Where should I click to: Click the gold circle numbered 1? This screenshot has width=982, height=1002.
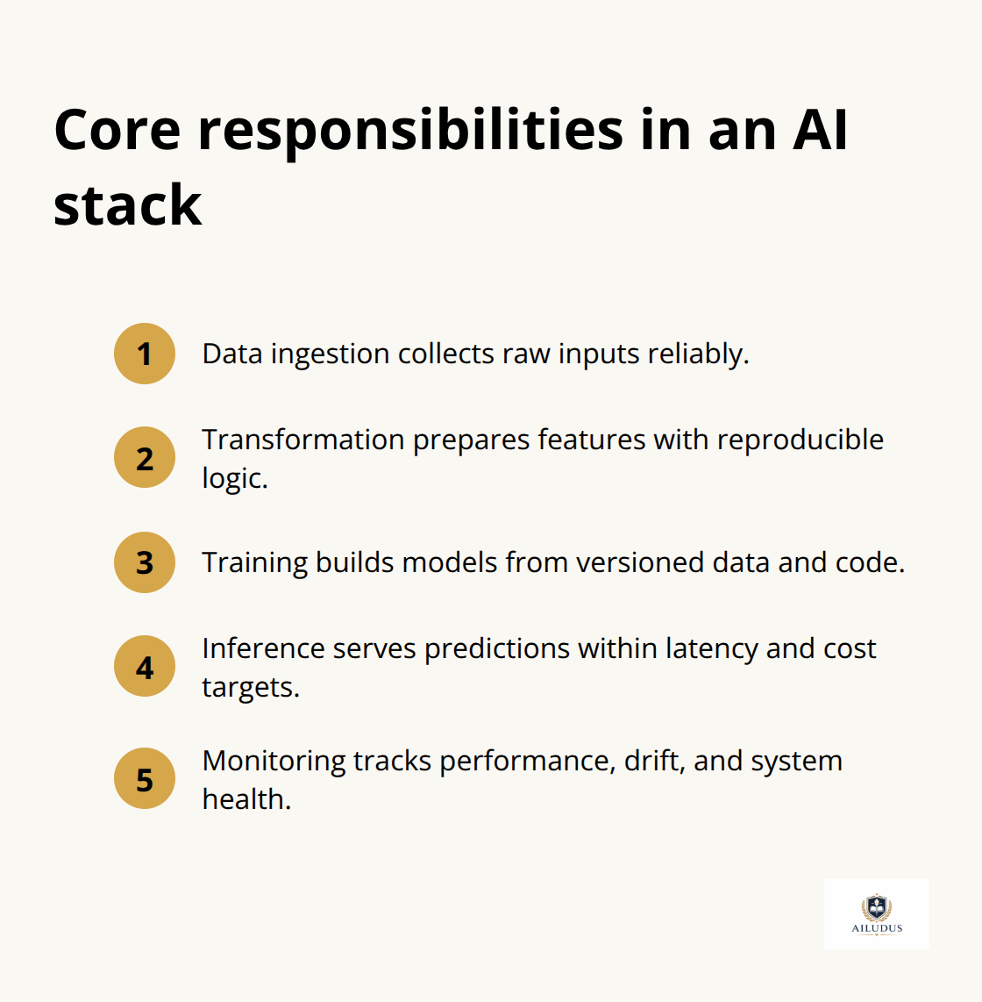(x=145, y=354)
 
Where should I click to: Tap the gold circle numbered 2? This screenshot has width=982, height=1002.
(x=145, y=458)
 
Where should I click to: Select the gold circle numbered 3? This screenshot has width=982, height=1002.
(x=145, y=562)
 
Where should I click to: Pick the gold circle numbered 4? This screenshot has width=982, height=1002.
(x=145, y=667)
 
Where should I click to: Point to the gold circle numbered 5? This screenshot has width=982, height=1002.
(x=145, y=779)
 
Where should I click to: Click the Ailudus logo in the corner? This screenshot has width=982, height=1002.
(x=876, y=913)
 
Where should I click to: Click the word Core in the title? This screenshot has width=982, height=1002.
(x=117, y=130)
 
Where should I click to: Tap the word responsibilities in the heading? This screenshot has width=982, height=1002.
(x=410, y=130)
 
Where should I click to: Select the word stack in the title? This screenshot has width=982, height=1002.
(x=127, y=205)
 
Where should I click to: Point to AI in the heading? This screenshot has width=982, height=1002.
(x=821, y=130)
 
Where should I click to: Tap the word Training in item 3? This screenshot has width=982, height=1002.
(x=254, y=562)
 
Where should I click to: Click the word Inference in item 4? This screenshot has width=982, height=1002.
(x=264, y=648)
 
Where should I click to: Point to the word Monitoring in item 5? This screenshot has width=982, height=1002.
(x=274, y=761)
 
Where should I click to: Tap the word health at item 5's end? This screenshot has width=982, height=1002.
(x=245, y=799)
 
